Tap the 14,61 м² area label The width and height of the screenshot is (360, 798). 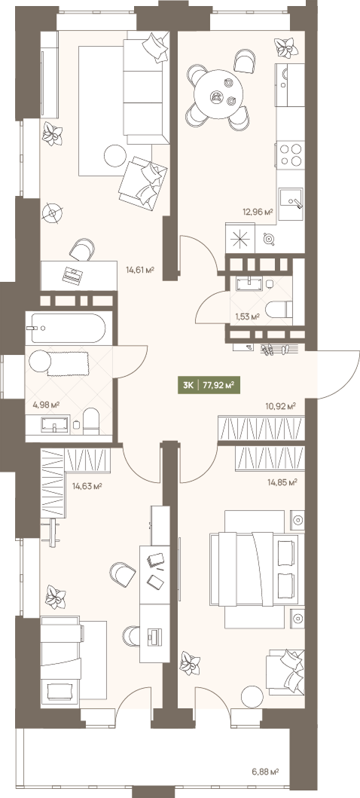tap(140, 270)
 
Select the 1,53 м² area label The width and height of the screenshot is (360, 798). tap(247, 316)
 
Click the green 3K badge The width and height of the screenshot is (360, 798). tap(188, 385)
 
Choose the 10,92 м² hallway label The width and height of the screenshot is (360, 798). tap(281, 406)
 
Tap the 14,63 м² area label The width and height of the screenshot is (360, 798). tap(87, 486)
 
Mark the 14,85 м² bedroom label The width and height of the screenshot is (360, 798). tap(282, 482)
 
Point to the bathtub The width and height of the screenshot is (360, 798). tap(68, 329)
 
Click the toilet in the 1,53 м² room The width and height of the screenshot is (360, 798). tap(279, 309)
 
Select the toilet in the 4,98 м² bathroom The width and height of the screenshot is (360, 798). tap(91, 420)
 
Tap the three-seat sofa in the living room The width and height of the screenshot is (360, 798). tap(146, 87)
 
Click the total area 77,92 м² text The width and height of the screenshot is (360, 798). tap(218, 385)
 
